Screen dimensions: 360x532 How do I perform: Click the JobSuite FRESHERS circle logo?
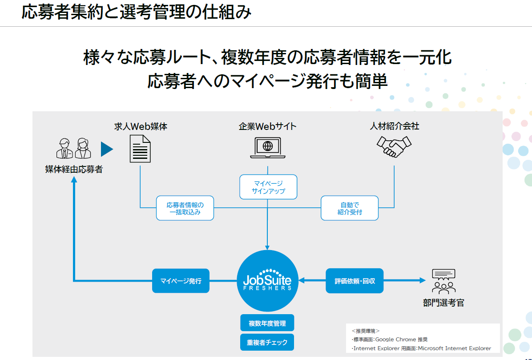tap(267, 281)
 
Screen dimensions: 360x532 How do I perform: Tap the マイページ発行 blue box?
tap(181, 281)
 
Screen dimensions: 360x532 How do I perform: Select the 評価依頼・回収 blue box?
tap(355, 281)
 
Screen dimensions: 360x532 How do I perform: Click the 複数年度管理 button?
tap(267, 323)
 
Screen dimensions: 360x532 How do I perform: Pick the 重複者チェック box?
tap(267, 342)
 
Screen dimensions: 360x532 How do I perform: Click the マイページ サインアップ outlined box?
tap(268, 187)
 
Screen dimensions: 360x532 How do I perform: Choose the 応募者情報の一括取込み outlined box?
tap(185, 208)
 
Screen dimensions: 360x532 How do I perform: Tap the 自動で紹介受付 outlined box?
tap(350, 208)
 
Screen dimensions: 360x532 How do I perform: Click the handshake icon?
tap(394, 146)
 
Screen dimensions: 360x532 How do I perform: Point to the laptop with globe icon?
tap(268, 147)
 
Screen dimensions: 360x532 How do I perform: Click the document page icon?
tap(140, 148)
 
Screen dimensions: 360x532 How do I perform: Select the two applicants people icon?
tap(74, 148)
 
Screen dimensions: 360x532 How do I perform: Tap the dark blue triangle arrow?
tap(107, 149)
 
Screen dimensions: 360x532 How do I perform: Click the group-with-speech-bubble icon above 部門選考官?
tap(443, 281)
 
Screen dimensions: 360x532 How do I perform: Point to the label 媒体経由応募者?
tap(74, 170)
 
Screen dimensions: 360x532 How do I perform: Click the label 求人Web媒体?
tap(141, 126)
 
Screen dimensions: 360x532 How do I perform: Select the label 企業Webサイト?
tap(267, 126)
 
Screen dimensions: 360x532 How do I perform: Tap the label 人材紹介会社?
tap(395, 126)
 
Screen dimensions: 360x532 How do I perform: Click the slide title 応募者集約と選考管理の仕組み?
tap(136, 12)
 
